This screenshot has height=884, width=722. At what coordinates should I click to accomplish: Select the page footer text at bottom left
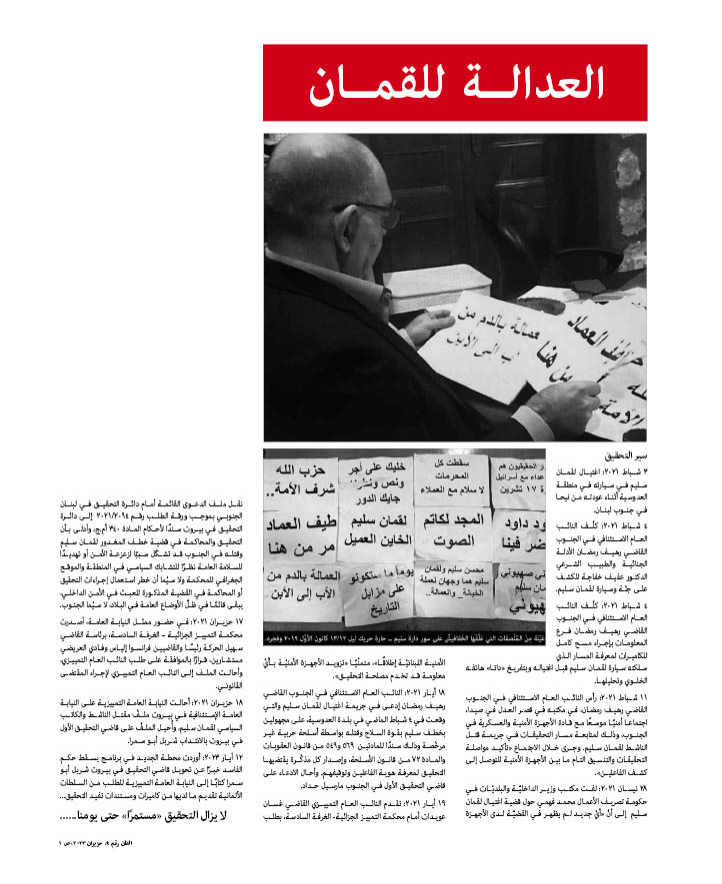pyautogui.click(x=79, y=871)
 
